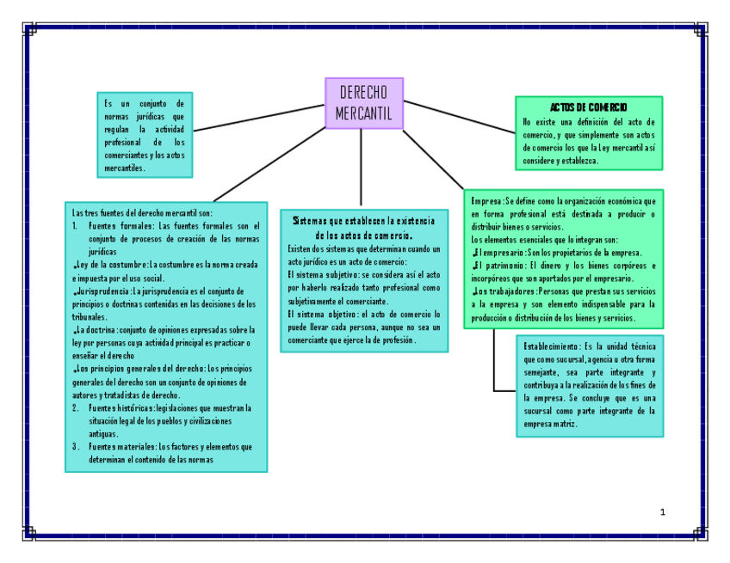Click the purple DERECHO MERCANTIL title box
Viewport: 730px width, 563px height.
tap(363, 103)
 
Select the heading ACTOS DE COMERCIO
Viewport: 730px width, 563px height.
tap(589, 107)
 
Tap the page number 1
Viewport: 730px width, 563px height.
tap(662, 512)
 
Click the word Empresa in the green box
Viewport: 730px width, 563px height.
tap(486, 200)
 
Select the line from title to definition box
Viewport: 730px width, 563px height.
tap(258, 118)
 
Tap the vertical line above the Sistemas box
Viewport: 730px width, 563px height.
tap(361, 168)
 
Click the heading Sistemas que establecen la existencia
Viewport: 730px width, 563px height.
tap(363, 222)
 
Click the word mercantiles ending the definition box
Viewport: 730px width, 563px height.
tap(124, 168)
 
